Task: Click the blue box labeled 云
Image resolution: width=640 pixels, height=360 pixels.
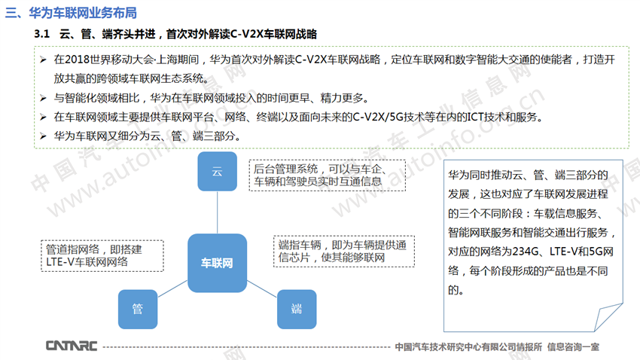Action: (217, 172)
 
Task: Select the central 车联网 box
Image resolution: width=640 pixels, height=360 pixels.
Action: (217, 263)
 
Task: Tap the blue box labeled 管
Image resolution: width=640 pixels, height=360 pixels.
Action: (138, 309)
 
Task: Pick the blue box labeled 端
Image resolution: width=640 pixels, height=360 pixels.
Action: (297, 309)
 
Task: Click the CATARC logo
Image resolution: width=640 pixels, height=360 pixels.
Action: (72, 346)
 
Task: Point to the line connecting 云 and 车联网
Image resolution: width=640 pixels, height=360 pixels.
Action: (217, 212)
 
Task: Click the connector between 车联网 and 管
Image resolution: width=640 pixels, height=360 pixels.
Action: (172, 288)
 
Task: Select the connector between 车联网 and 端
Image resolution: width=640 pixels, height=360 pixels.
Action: (262, 288)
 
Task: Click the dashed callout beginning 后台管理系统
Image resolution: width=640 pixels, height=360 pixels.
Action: (328, 175)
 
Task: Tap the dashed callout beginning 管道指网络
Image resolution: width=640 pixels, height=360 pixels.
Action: (102, 256)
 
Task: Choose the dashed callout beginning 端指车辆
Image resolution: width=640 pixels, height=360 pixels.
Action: (343, 252)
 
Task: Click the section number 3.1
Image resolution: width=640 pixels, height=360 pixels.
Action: (41, 34)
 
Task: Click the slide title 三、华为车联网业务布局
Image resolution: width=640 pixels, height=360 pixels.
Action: (71, 13)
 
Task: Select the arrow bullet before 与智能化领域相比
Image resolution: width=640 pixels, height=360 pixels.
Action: (43, 98)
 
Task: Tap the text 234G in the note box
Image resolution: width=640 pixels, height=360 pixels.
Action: (526, 252)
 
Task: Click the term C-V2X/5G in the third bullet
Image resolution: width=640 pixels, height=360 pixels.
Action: (378, 117)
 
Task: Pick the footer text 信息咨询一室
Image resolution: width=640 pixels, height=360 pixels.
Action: (573, 347)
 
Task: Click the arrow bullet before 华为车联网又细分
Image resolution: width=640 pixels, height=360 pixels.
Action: (43, 136)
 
